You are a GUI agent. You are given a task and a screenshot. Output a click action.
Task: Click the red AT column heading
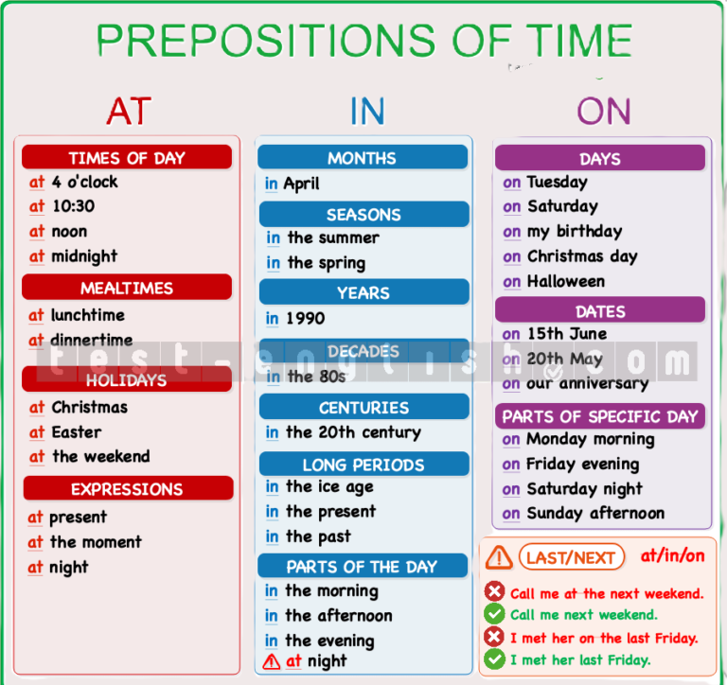[129, 112]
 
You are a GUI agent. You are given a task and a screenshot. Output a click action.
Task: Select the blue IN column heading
[367, 112]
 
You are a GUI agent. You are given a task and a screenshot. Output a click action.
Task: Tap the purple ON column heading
[604, 112]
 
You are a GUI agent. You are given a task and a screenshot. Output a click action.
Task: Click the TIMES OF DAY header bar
[127, 157]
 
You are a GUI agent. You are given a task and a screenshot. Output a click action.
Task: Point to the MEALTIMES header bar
[127, 287]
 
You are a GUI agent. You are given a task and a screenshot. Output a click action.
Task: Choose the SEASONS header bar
[363, 214]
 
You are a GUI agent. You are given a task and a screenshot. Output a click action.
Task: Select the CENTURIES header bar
[363, 407]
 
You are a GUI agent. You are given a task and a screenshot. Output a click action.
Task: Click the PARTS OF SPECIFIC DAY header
[600, 415]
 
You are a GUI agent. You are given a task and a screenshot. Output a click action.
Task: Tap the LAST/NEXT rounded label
[571, 557]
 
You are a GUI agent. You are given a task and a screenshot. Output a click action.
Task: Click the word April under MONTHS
[301, 184]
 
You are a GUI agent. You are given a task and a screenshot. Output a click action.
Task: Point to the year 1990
[305, 319]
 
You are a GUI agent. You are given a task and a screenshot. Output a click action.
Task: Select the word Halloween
[566, 281]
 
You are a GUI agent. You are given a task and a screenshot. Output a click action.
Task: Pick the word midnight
[84, 256]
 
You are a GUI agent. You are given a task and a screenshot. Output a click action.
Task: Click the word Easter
[77, 432]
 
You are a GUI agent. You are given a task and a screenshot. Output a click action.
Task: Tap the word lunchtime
[88, 315]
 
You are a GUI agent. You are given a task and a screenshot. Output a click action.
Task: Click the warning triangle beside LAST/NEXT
[499, 557]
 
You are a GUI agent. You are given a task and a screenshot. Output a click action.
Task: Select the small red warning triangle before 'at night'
[272, 662]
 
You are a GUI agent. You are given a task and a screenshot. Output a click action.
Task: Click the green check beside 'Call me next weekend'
[494, 614]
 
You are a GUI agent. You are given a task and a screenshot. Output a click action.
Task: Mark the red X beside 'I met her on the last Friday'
[494, 637]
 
